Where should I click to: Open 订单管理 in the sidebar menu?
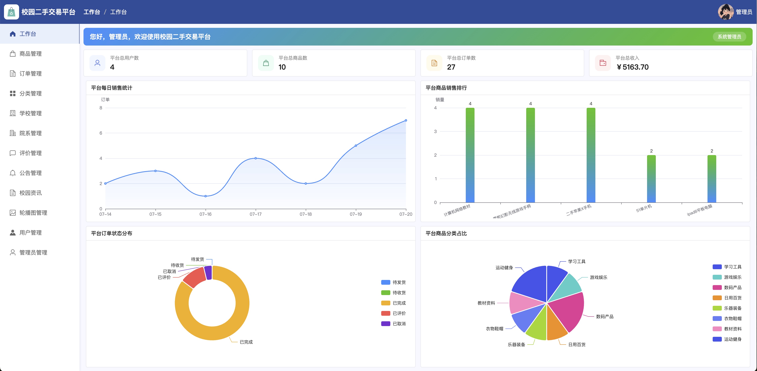tap(26, 74)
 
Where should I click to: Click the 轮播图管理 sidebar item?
tap(28, 213)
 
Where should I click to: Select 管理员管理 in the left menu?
tap(28, 252)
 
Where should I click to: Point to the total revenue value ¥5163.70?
tap(632, 67)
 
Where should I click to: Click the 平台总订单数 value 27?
tap(451, 67)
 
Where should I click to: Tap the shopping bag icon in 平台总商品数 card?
tap(266, 63)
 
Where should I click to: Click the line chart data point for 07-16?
tap(205, 196)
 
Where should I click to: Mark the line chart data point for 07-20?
tap(406, 120)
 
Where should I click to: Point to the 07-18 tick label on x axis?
tap(306, 214)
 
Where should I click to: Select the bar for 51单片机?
tap(651, 179)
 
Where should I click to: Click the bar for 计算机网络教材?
tap(470, 155)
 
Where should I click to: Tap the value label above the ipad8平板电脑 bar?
tap(712, 151)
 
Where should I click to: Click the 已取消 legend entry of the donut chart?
tap(393, 324)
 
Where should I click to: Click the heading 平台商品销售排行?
tap(446, 88)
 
